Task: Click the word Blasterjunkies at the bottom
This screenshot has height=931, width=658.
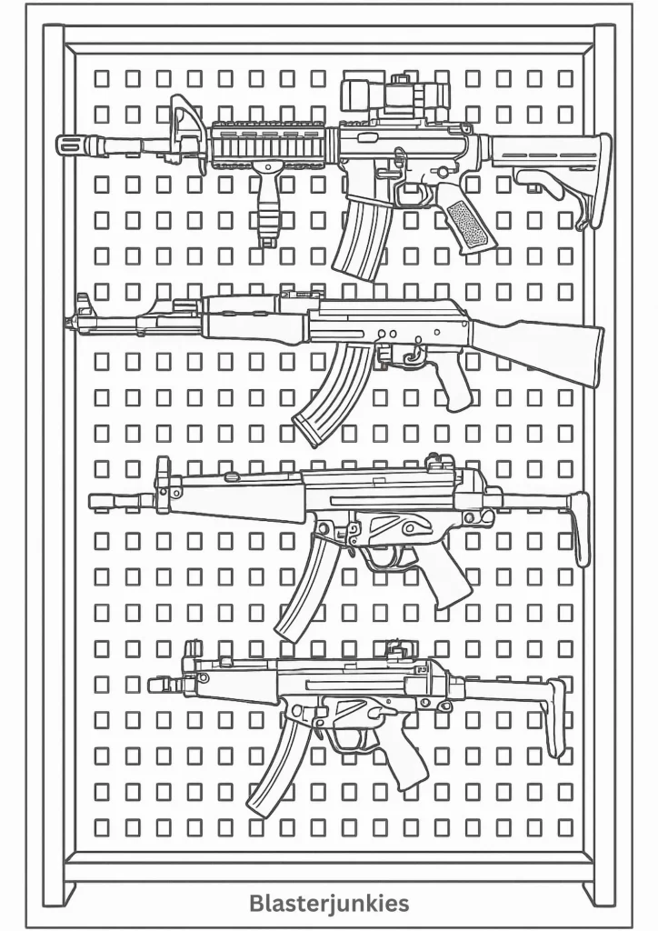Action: click(x=329, y=904)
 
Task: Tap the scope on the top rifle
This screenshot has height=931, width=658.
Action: click(x=394, y=94)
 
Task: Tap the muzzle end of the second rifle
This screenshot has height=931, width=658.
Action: click(x=69, y=323)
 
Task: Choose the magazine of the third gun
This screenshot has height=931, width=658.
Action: click(x=304, y=589)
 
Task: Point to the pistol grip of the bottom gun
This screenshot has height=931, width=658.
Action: click(x=404, y=761)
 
